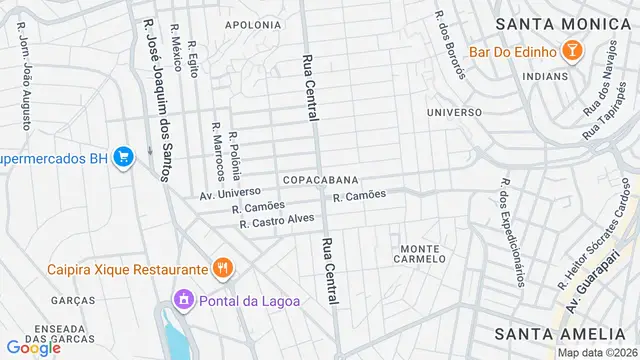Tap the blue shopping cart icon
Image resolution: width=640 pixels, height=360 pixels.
pyautogui.click(x=124, y=157)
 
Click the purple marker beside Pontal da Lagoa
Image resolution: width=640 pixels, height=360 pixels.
pyautogui.click(x=182, y=299)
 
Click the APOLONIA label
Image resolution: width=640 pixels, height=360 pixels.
pyautogui.click(x=253, y=25)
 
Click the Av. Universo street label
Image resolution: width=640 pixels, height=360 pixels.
pyautogui.click(x=230, y=192)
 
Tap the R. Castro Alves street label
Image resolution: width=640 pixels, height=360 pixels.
pyautogui.click(x=277, y=220)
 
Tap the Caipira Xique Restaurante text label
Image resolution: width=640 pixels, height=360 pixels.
pyautogui.click(x=128, y=269)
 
